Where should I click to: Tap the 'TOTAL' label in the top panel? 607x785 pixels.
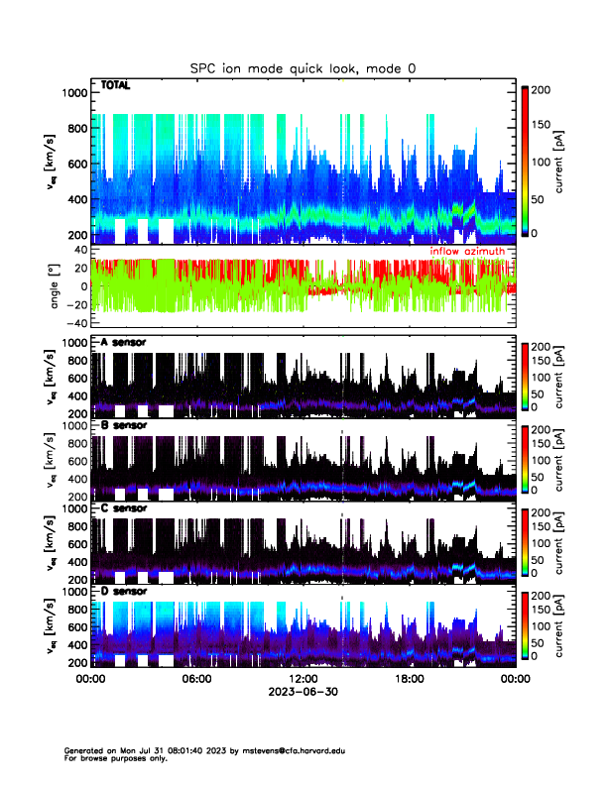116,86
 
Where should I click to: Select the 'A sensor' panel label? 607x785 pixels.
124,342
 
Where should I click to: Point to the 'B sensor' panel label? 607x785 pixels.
124,425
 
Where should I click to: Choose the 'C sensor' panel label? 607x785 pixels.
124,508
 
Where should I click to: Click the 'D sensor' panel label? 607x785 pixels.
124,592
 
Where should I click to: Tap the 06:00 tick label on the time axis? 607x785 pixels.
196,680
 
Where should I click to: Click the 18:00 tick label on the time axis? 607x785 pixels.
409,680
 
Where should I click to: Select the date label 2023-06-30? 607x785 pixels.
303,693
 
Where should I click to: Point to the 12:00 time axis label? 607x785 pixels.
303,680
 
